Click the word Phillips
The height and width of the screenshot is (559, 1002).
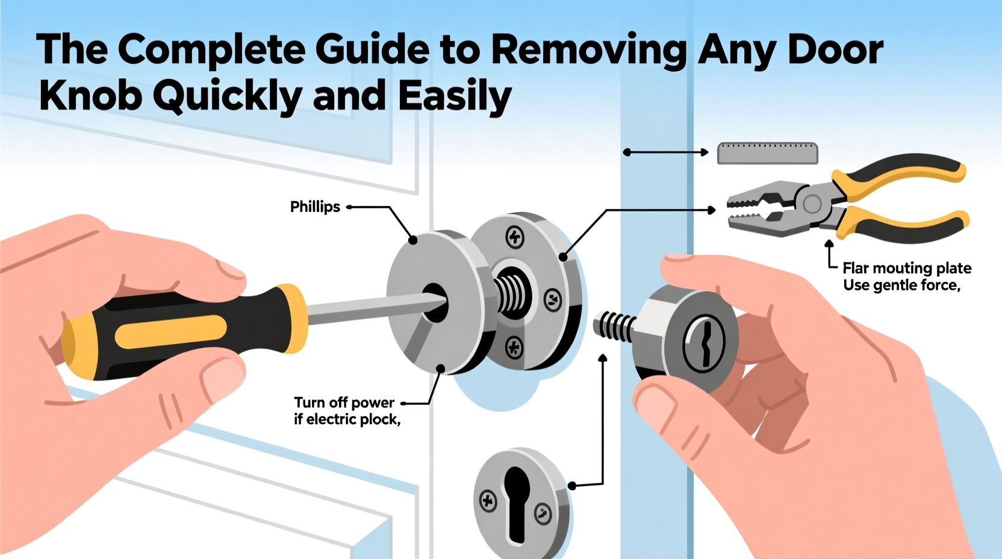click(x=315, y=207)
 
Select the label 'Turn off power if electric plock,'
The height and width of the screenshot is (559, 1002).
click(x=346, y=411)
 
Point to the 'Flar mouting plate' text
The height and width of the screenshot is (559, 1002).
click(x=906, y=268)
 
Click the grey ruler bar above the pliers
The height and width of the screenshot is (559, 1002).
click(x=767, y=154)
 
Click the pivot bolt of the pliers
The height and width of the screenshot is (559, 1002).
click(x=812, y=204)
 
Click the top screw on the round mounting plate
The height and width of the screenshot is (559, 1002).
click(x=514, y=237)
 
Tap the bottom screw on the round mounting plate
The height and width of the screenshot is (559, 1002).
click(x=514, y=347)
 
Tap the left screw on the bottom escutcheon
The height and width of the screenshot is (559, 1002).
click(x=488, y=501)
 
